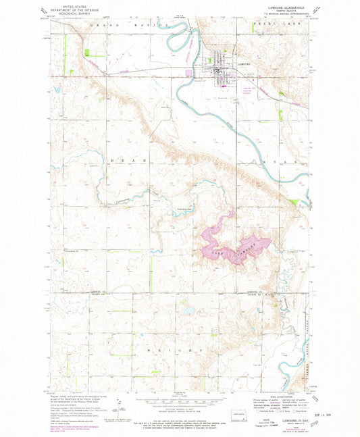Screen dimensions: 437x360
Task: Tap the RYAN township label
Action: [x=287, y=162]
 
